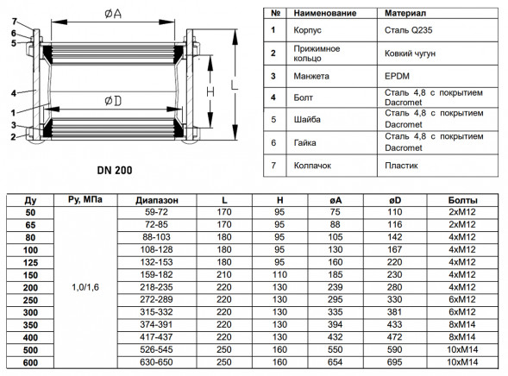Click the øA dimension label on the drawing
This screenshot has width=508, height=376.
[113, 13]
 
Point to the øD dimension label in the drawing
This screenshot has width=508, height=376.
[113, 101]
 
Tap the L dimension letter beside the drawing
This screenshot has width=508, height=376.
[235, 85]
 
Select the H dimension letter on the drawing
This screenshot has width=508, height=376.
[210, 92]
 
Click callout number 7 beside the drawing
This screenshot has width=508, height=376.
[15, 22]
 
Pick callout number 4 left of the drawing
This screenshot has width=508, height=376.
[13, 93]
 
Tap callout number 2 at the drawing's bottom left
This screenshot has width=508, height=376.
[13, 137]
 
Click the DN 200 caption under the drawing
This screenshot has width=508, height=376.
[115, 171]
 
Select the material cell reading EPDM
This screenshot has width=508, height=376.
[397, 76]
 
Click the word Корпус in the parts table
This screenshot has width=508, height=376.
[307, 30]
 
